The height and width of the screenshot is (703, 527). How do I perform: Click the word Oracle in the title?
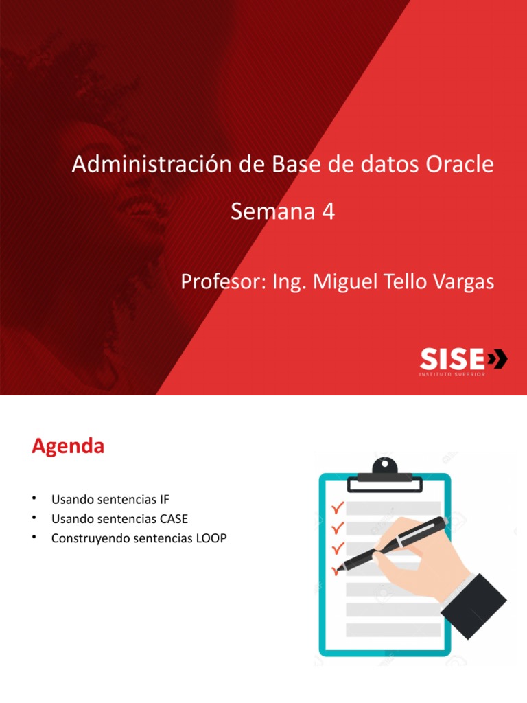click(x=460, y=165)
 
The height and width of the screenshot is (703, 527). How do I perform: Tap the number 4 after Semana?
click(x=328, y=212)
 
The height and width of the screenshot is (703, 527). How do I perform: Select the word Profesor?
click(x=219, y=281)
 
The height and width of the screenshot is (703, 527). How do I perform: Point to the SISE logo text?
click(x=451, y=358)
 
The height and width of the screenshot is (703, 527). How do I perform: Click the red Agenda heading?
click(x=68, y=447)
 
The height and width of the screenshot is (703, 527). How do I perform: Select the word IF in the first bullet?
click(x=163, y=499)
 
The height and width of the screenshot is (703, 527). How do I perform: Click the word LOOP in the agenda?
click(x=211, y=538)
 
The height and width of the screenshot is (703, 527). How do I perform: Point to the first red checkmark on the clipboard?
click(x=337, y=509)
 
